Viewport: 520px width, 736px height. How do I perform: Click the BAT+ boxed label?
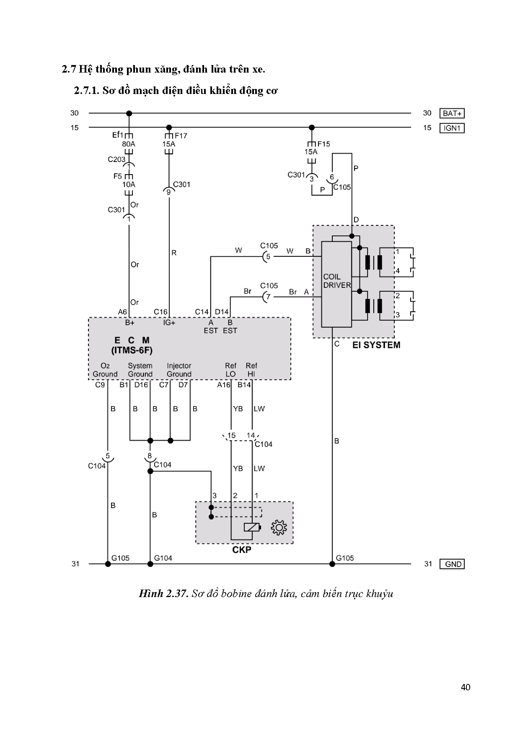452,113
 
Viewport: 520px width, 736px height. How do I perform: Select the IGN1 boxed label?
452,128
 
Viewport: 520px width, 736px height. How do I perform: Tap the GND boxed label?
452,564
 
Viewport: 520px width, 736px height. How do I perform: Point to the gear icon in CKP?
279,527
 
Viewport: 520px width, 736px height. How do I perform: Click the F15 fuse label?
323,144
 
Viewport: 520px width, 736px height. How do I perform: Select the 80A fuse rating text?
129,144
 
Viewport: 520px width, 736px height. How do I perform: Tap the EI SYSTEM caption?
376,345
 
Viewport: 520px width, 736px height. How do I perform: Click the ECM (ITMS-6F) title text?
132,345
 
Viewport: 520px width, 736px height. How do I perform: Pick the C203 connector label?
116,159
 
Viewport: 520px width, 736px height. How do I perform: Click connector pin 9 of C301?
169,192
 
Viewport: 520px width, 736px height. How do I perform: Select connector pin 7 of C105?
268,297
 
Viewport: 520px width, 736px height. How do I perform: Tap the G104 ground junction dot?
150,564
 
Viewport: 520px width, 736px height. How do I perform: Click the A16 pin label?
223,385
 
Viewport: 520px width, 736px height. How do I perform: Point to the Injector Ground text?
179,370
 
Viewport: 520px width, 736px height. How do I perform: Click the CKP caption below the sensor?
242,549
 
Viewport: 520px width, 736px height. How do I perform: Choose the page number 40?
465,687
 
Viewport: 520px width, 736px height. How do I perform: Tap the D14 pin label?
222,312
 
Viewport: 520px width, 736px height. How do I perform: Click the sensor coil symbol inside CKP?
251,527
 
